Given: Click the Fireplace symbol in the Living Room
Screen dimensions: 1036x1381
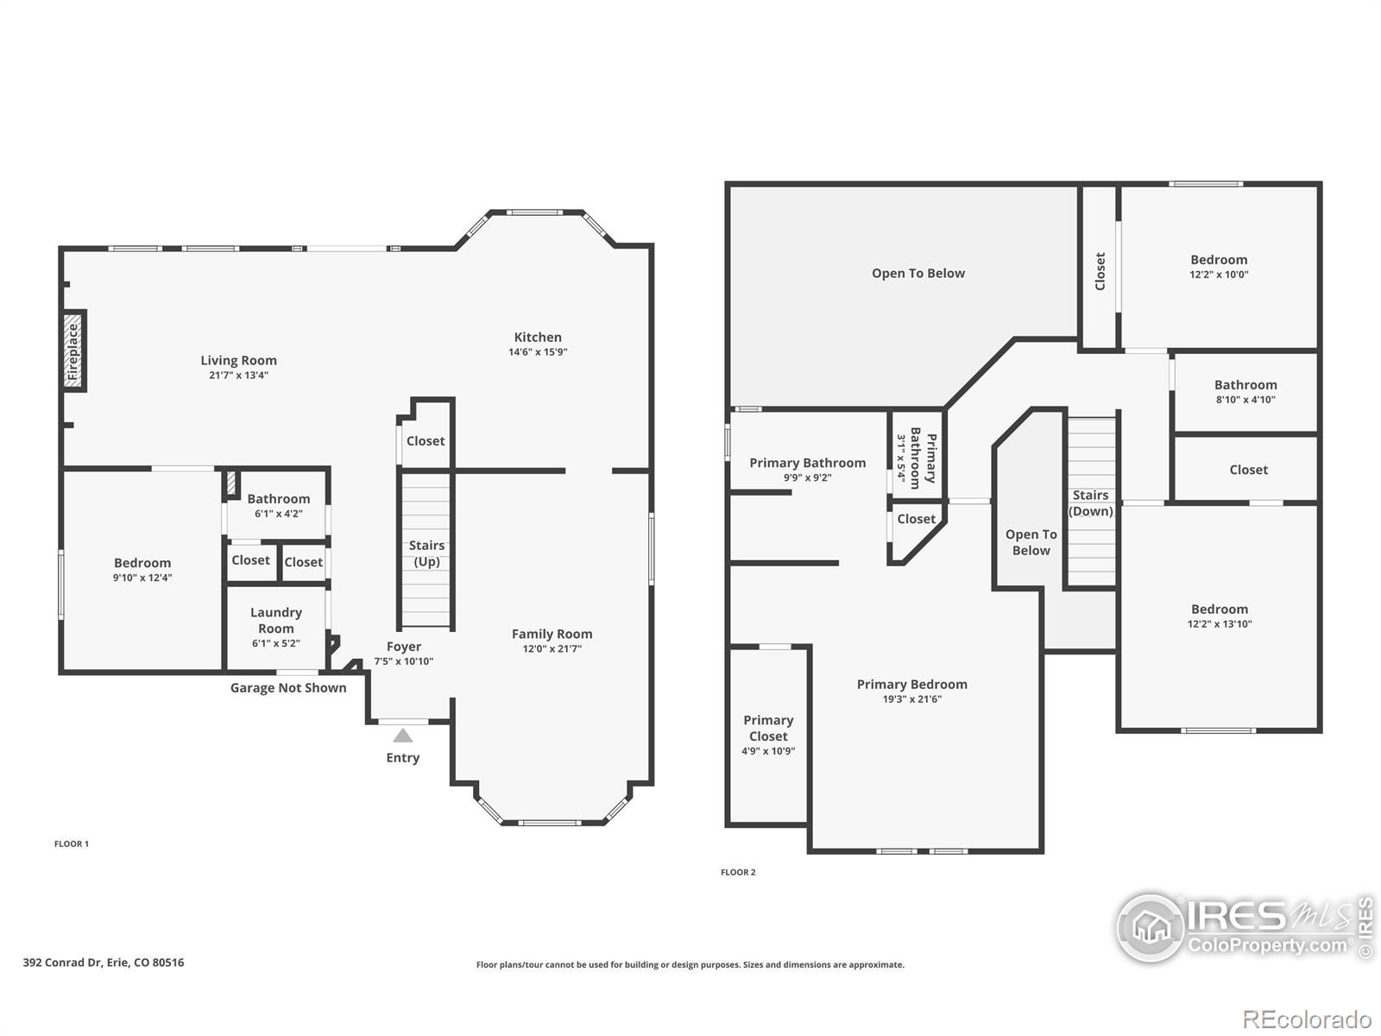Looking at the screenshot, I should coord(74,351).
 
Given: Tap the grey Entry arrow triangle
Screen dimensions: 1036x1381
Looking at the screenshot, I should coord(403,736).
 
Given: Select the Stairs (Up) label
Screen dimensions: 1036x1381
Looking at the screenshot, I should coord(426,553).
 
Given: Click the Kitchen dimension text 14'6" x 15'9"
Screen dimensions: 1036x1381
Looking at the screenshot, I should coord(538,352).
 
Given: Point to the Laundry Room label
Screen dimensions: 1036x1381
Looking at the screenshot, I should coord(276,620).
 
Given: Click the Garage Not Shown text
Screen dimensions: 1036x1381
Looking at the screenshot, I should coord(288,688).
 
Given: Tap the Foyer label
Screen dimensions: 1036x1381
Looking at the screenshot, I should coord(404,647).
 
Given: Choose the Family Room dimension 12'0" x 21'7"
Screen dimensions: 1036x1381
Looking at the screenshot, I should coord(552,648).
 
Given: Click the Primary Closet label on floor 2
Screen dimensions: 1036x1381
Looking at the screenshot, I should coord(768,728).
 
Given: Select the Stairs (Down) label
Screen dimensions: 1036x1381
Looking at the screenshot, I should coord(1091,502).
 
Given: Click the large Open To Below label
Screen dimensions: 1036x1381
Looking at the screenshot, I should coord(918,274).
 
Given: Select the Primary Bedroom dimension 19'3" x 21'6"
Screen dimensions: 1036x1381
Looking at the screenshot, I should coord(911,699).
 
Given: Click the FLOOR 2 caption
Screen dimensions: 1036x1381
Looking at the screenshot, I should coord(738,872).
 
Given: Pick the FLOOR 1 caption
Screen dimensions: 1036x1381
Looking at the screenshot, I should coord(72,843).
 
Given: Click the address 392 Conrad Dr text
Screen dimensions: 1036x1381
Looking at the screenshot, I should coord(104,962).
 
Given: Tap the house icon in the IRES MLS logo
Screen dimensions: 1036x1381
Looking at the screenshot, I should coord(1150,928).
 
